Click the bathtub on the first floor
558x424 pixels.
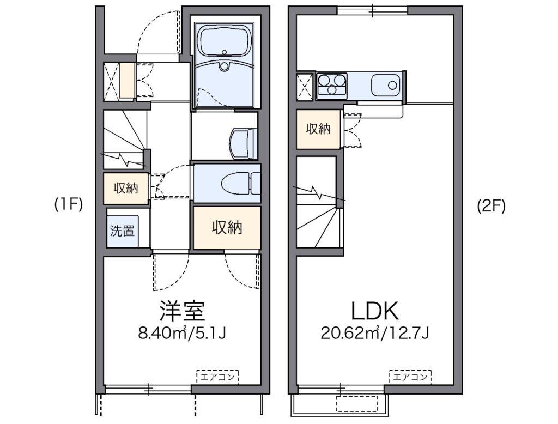(x=224, y=41)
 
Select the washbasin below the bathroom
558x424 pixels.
(x=244, y=143)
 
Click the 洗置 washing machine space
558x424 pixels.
(x=122, y=231)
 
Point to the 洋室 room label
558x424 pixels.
(x=182, y=311)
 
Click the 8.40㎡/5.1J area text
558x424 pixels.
(x=182, y=334)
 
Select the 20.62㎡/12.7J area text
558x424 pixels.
(x=375, y=334)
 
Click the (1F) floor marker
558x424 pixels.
(x=69, y=205)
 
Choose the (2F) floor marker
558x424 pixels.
(x=491, y=206)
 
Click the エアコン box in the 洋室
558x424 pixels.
(x=217, y=377)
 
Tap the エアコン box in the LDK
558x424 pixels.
(x=410, y=377)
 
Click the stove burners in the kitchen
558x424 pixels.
(x=332, y=85)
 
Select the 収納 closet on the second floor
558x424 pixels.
(x=318, y=129)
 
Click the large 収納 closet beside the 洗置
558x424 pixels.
(x=227, y=227)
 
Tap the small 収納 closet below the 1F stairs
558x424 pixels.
(x=126, y=189)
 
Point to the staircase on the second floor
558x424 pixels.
(x=318, y=202)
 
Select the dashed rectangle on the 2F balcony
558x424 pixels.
(x=357, y=404)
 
